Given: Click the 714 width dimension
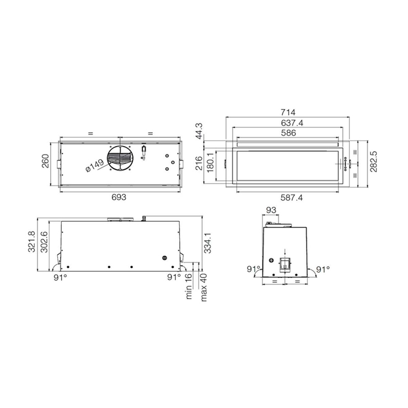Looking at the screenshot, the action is (x=288, y=112).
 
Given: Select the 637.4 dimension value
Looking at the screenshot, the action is (x=292, y=123).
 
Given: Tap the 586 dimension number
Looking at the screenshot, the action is (x=288, y=133).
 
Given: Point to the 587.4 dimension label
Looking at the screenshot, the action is (x=292, y=198).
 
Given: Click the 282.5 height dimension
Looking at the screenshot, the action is (x=374, y=162).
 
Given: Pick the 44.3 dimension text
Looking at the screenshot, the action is (x=199, y=131).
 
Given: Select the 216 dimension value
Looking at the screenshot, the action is (x=199, y=163).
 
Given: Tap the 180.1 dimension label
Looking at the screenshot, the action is (x=210, y=163).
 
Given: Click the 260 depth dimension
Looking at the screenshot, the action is (x=45, y=161).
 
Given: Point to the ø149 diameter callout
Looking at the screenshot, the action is (x=94, y=165).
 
